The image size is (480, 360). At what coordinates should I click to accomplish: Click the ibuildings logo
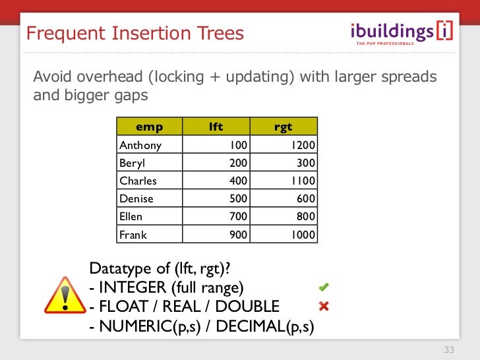coord(401,32)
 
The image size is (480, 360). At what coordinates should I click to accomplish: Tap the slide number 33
coord(450,349)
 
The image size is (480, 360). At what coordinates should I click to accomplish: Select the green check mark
coord(324,287)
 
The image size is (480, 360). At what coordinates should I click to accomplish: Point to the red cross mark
coord(324,306)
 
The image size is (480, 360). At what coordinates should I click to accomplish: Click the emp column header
coord(149,127)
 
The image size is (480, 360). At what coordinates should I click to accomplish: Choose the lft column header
coord(216,127)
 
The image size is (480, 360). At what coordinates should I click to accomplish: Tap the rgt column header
coord(283,127)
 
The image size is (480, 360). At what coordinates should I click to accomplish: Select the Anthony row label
coord(140,145)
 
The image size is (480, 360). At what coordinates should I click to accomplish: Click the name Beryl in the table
coord(131,163)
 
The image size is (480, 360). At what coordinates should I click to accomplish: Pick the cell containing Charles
coord(138,181)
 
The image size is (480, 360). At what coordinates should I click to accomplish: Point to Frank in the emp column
coord(133,235)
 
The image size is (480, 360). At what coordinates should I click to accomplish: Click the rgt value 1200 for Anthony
coord(302,145)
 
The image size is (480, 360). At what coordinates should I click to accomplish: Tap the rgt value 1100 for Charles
coord(303,181)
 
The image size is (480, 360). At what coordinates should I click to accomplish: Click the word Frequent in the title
coord(60,33)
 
